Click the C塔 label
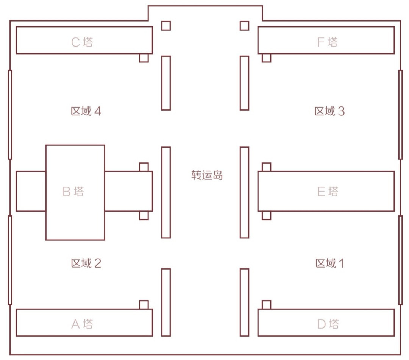tap(82, 42)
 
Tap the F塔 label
tap(327, 42)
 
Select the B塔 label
tap(73, 192)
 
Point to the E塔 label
tap(328, 192)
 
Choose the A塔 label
tap(82, 324)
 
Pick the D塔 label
tap(328, 324)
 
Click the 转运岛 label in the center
tap(207, 175)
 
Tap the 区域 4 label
tap(86, 111)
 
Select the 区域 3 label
tap(330, 111)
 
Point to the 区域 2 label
tap(86, 263)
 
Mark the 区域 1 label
tap(330, 263)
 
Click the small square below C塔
tap(144, 58)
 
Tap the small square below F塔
tap(266, 58)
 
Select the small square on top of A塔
tap(144, 305)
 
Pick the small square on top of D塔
tap(266, 305)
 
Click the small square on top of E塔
tap(266, 167)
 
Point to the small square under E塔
tap(266, 215)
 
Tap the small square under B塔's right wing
tap(144, 215)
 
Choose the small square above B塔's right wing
tap(144, 167)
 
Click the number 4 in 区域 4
tap(98, 111)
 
